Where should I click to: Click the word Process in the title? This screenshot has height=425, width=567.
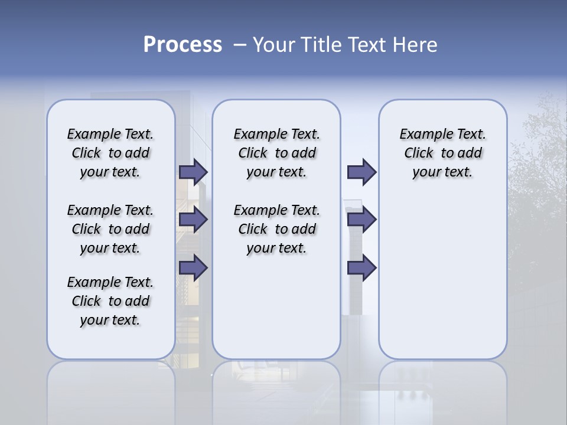[x=183, y=44]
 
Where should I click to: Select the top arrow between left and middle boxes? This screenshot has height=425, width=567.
[x=193, y=172]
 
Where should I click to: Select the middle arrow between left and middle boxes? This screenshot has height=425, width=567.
[x=193, y=220]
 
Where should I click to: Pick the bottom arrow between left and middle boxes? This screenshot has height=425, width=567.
[x=193, y=268]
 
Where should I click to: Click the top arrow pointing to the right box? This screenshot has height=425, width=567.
[x=361, y=172]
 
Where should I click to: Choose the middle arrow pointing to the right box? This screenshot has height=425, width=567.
[x=361, y=220]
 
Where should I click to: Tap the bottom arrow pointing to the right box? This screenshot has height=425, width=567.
[x=361, y=268]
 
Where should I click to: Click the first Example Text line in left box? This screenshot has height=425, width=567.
[x=110, y=134]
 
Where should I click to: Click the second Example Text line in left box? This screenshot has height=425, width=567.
[x=110, y=210]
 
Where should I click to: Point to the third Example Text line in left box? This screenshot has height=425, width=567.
[x=110, y=282]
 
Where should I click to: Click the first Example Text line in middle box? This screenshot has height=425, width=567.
[x=276, y=134]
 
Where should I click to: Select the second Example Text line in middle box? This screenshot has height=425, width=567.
[x=276, y=210]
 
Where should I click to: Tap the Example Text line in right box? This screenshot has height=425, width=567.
[x=442, y=134]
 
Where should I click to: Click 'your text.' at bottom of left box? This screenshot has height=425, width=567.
[x=110, y=320]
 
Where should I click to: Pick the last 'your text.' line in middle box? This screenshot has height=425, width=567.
[x=276, y=248]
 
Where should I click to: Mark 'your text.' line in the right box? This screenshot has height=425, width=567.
[x=442, y=172]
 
